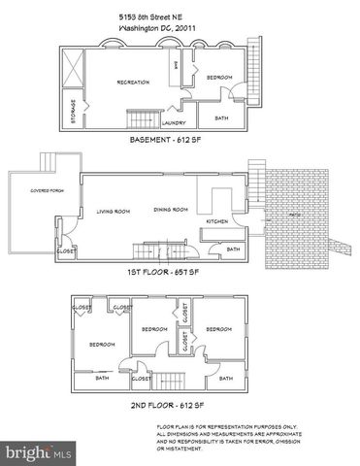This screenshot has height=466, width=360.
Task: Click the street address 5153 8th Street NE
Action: click(x=151, y=17)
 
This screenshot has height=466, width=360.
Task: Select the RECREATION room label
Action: click(x=133, y=83)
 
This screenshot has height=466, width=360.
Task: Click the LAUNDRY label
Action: click(x=174, y=123)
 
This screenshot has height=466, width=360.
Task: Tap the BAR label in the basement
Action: click(x=176, y=66)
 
